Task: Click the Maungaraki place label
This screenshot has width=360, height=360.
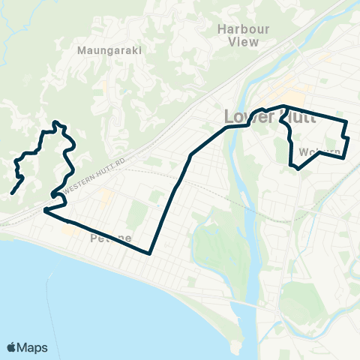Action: point(109,51)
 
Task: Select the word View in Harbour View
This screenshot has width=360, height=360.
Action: point(244,42)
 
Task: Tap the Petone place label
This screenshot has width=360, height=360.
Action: point(111,239)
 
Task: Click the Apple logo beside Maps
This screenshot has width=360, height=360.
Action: point(12,346)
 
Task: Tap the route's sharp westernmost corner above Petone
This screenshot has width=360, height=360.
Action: point(45,211)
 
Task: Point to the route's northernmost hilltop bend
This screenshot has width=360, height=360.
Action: point(55,122)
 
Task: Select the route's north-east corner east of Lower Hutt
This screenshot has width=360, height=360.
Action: point(346,121)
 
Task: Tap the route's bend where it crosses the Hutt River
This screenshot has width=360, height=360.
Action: point(246,125)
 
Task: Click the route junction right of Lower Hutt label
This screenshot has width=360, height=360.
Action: point(283,106)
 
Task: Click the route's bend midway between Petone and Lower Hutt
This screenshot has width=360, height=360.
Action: point(191,155)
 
